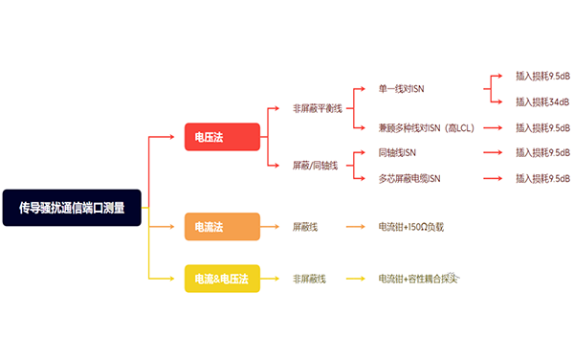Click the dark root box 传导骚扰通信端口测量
coord(72,206)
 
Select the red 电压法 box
coord(222,136)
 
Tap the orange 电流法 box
coord(222,227)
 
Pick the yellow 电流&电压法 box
coord(222,279)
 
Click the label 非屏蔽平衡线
coord(317,108)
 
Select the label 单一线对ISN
coord(402,88)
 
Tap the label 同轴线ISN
coord(397,152)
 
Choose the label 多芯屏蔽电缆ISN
coord(409,178)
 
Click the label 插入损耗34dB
coord(542,101)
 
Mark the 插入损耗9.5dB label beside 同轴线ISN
coord(542,152)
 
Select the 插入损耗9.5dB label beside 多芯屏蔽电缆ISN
coord(542,178)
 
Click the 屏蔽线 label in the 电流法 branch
coord(305,227)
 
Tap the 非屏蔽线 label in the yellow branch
coord(309,279)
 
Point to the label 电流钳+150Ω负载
coord(411,227)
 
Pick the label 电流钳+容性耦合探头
coord(419,279)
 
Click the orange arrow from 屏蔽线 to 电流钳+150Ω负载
coord(350,227)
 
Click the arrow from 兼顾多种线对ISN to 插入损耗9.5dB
coord(493,127)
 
